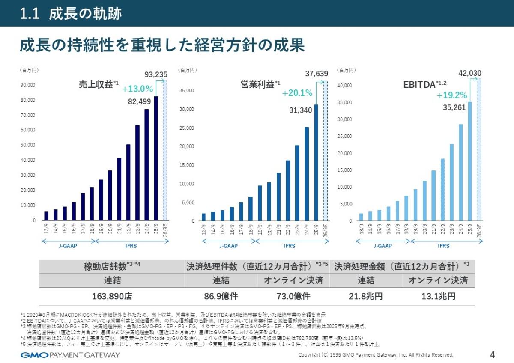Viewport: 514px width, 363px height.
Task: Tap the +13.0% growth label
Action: click(x=137, y=89)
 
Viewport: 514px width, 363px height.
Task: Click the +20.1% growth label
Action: click(x=297, y=93)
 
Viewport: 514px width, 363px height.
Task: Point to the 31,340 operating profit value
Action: click(x=300, y=110)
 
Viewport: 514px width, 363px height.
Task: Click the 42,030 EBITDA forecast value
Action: click(x=470, y=74)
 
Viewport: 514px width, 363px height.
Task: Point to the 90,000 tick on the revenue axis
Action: click(x=28, y=85)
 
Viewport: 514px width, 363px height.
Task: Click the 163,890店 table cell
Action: click(x=112, y=296)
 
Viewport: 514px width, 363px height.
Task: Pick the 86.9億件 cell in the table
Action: click(x=221, y=296)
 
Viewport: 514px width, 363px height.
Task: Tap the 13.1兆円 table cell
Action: click(x=438, y=296)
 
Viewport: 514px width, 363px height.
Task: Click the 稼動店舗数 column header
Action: click(x=112, y=266)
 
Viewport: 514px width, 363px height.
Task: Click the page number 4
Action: click(x=492, y=354)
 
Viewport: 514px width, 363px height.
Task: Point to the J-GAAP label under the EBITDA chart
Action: click(x=383, y=246)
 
